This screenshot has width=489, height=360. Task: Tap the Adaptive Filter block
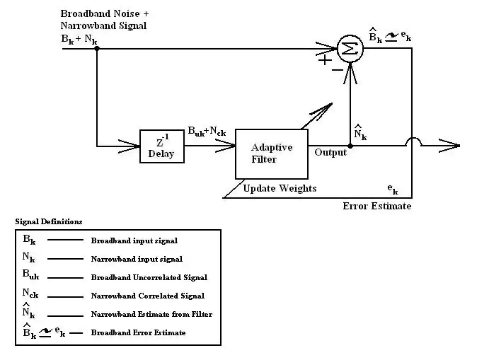(x=271, y=153)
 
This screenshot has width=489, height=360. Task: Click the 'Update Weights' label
(x=280, y=188)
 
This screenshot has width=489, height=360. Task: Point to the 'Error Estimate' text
(x=376, y=207)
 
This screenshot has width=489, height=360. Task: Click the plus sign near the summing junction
(x=325, y=60)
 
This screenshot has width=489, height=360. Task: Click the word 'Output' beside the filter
(x=330, y=151)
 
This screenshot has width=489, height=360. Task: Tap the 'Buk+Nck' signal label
(x=207, y=132)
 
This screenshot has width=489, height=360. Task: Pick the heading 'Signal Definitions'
(x=49, y=221)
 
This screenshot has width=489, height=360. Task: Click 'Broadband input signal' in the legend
(x=134, y=240)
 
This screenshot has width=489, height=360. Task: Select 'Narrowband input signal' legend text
(x=137, y=259)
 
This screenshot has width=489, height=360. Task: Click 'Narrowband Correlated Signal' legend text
(x=147, y=296)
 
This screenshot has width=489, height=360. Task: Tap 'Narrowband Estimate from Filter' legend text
(x=151, y=314)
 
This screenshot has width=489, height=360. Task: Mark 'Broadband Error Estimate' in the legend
(x=138, y=332)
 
